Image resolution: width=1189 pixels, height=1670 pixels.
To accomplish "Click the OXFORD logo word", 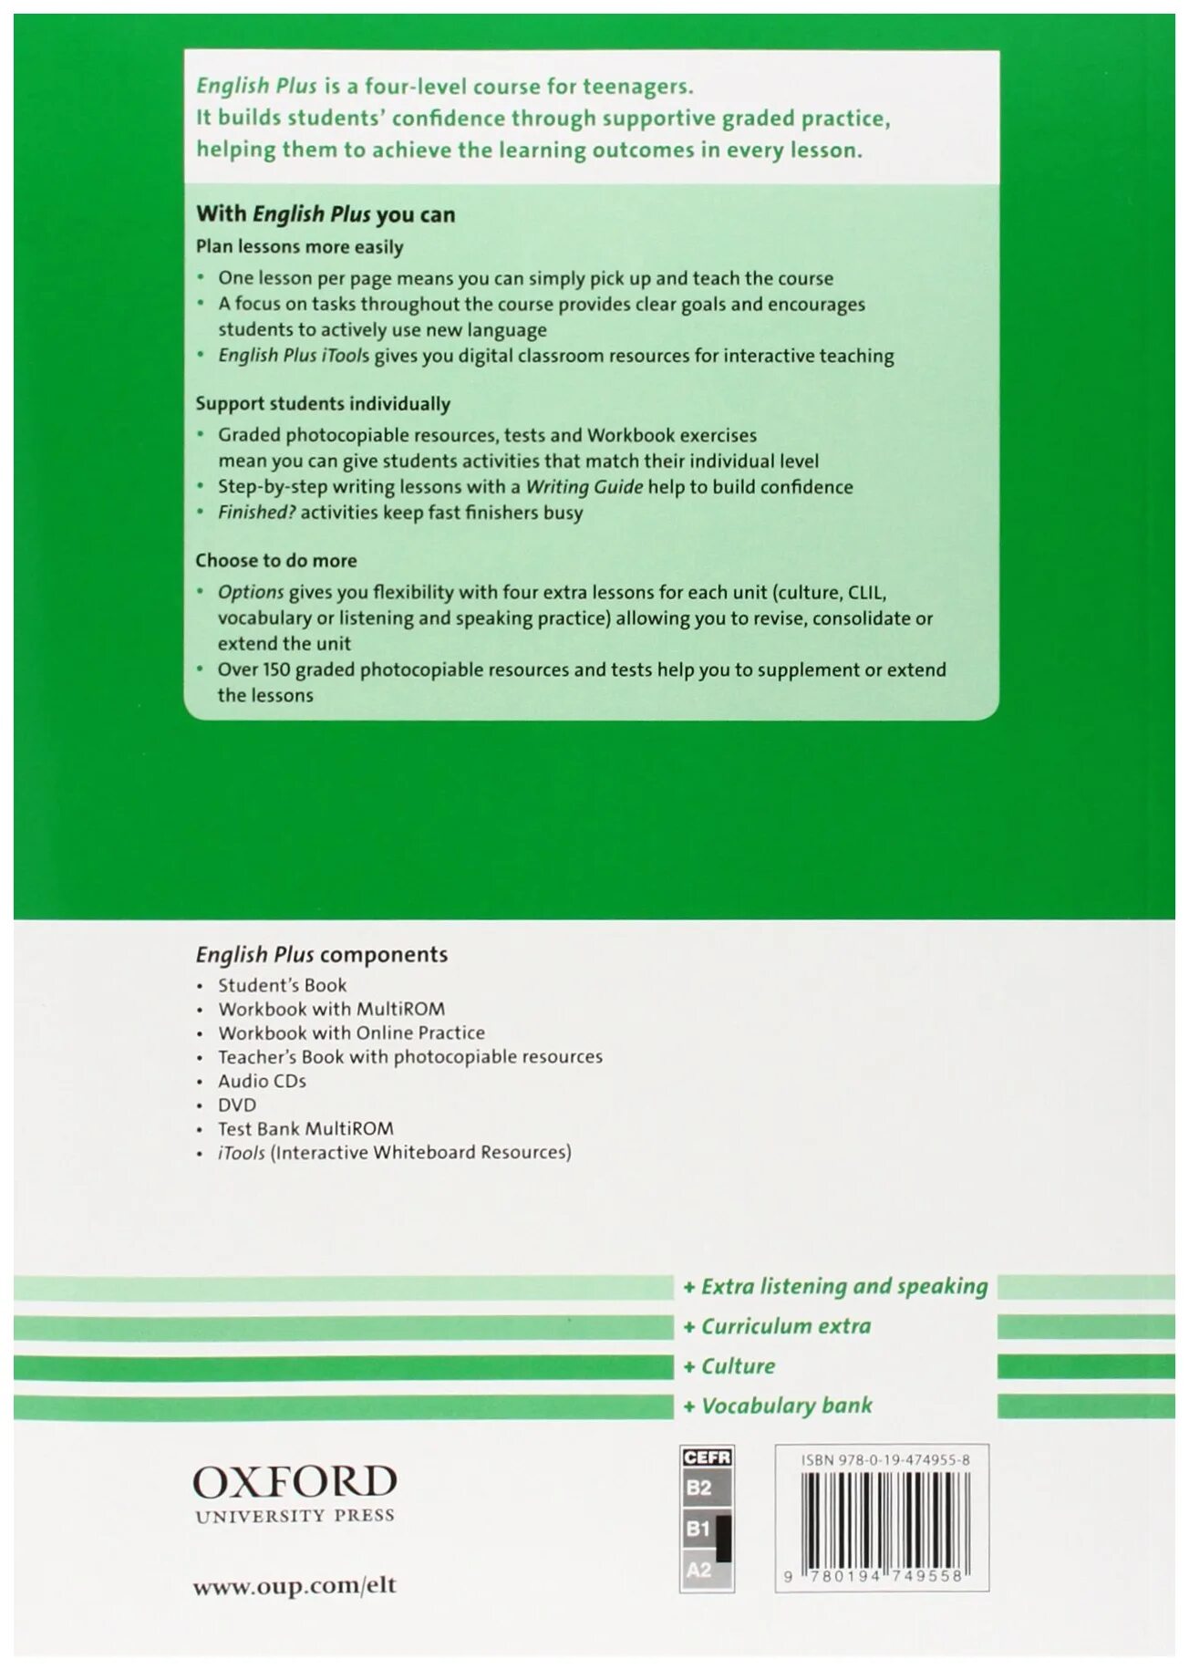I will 295,1481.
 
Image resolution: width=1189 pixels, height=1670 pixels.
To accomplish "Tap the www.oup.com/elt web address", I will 295,1585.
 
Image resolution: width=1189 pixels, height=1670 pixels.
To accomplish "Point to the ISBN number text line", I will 884,1460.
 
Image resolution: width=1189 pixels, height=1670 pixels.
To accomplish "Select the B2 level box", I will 699,1488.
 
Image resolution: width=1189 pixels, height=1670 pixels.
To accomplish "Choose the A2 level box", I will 699,1570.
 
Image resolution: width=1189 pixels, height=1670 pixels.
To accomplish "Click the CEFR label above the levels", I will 707,1457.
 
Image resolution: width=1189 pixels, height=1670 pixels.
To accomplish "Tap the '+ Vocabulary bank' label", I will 778,1405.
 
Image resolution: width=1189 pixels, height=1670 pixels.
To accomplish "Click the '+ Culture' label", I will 729,1365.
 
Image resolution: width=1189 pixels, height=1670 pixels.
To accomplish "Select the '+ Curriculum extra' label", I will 777,1325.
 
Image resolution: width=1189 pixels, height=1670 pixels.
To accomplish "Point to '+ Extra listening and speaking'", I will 835,1286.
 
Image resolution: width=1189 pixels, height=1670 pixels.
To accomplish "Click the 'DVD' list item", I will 237,1105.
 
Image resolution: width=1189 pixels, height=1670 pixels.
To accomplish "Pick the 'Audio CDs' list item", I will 262,1081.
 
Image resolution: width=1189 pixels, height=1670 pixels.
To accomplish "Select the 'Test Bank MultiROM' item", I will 305,1128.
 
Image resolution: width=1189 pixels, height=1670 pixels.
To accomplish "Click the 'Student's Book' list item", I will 282,985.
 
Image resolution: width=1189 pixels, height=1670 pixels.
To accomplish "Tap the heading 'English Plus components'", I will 321,955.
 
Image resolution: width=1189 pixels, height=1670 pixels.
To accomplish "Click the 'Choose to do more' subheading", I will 276,560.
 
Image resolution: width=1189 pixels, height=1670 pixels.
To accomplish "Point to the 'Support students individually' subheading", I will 323,403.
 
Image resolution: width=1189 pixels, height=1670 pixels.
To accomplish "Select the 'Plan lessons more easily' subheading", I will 299,246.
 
